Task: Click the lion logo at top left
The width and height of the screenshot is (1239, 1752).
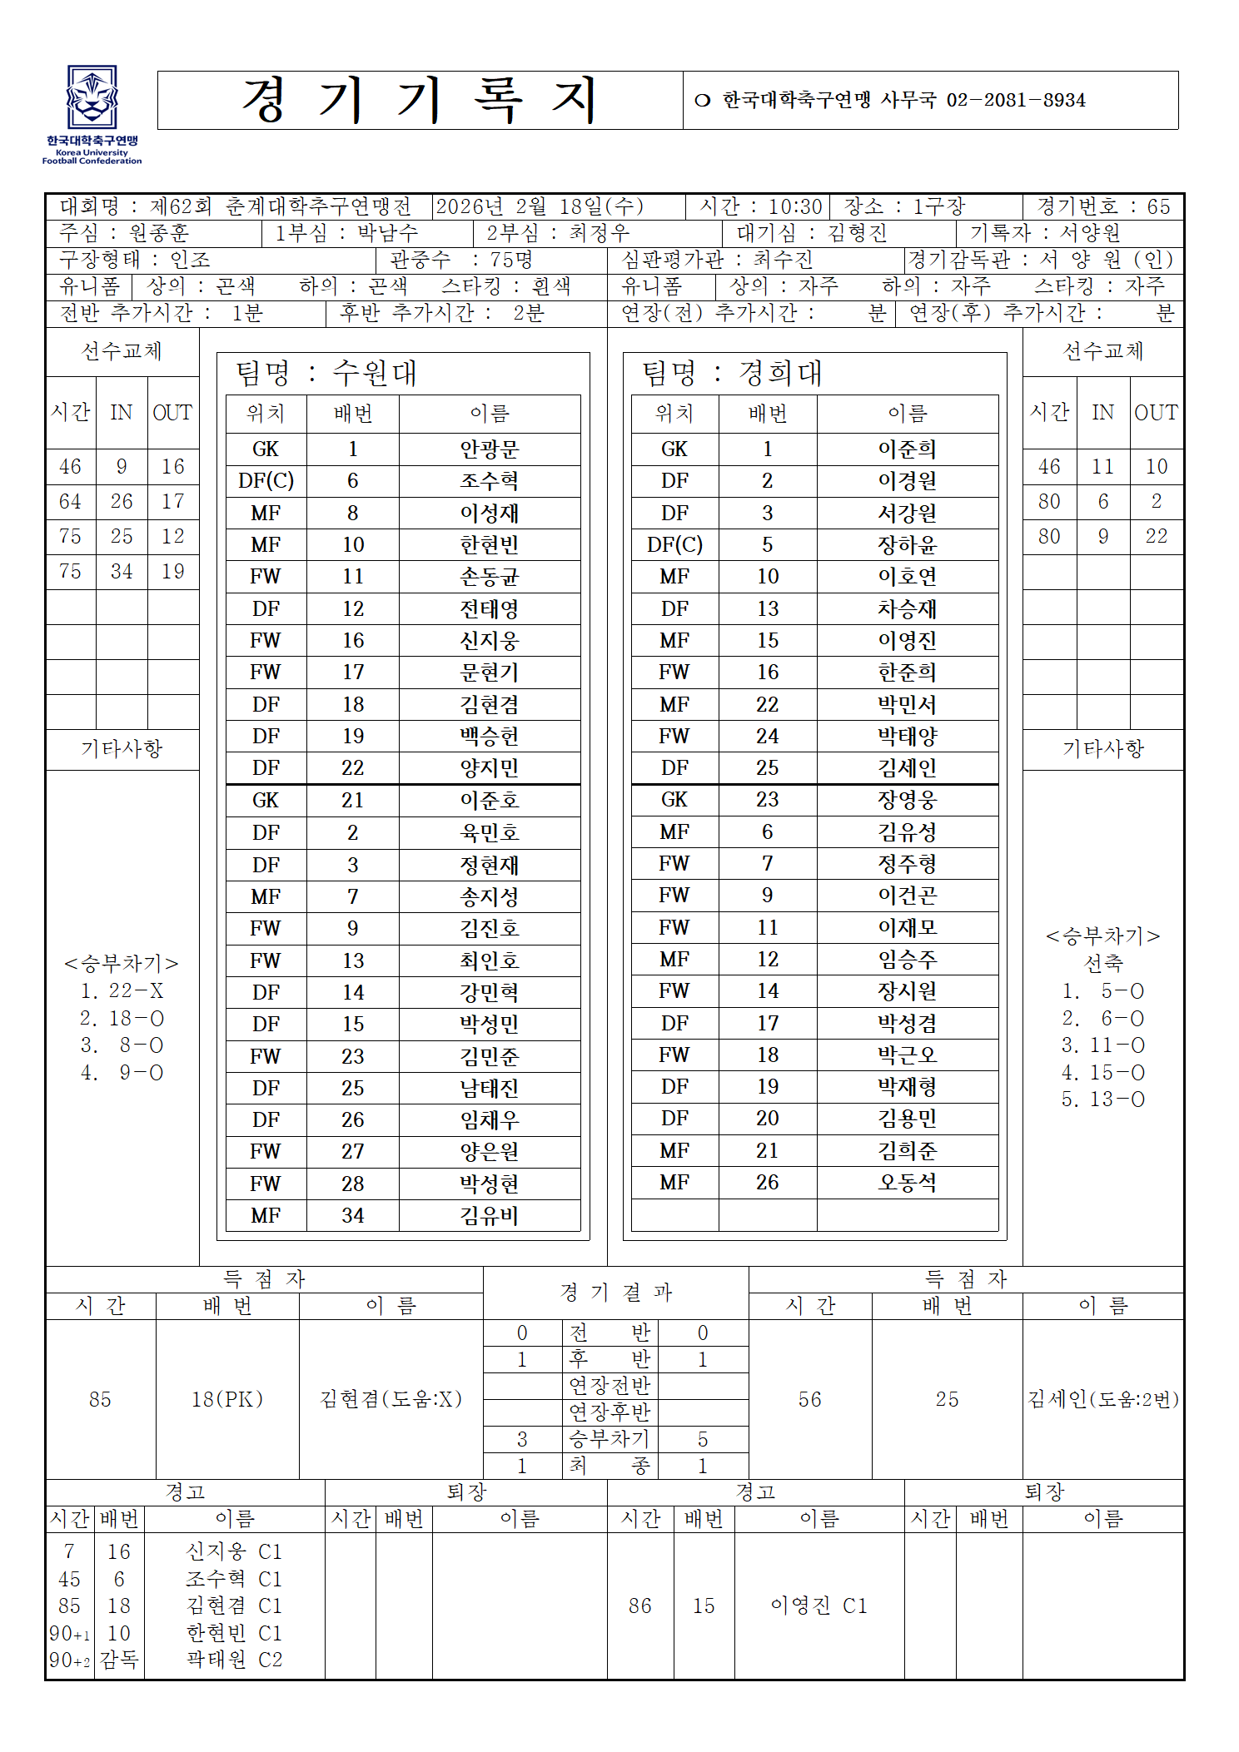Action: (92, 97)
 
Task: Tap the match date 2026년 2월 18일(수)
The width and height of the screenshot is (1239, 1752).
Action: (539, 206)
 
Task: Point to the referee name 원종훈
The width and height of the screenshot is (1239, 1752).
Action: (159, 233)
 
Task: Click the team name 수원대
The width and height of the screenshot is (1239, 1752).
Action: (375, 373)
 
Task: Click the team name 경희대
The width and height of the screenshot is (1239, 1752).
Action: (780, 373)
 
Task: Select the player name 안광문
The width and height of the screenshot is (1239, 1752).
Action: (489, 449)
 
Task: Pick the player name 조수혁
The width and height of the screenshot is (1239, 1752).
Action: (489, 481)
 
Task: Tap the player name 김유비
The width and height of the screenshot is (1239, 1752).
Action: (489, 1216)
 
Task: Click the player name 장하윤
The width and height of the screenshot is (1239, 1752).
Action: (907, 545)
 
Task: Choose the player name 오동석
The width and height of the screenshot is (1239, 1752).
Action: (907, 1183)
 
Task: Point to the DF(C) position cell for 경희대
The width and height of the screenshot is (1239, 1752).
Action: (674, 545)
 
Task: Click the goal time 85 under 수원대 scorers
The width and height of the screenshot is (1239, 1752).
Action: (100, 1399)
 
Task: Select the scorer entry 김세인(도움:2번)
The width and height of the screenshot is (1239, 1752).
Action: (1103, 1399)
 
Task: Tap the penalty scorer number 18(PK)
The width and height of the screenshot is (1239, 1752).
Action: (227, 1399)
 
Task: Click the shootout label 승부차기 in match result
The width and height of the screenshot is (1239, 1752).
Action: (609, 1439)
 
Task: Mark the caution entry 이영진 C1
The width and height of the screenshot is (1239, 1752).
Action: (819, 1606)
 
